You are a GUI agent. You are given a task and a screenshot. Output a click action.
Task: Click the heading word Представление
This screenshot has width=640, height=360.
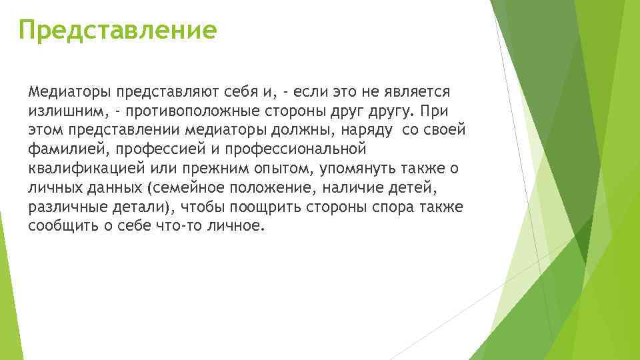coord(117,30)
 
